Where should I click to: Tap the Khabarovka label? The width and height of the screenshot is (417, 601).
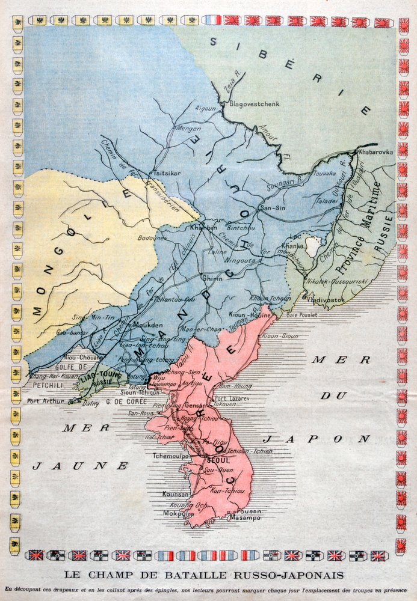[375, 152]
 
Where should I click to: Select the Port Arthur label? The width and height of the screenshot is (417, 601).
[45, 401]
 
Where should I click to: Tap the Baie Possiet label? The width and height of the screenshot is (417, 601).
[301, 314]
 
